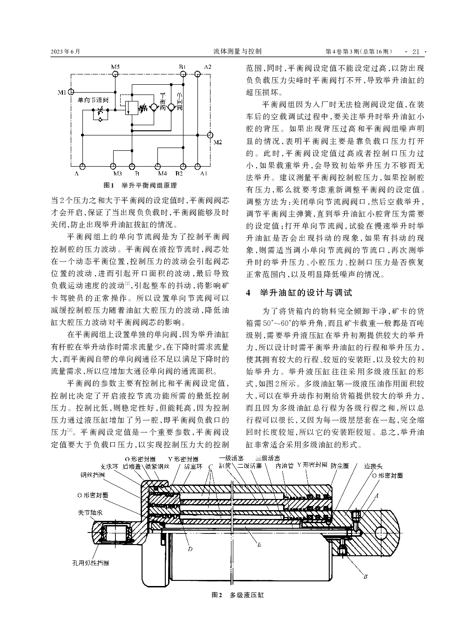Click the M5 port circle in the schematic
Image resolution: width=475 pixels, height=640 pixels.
click(x=115, y=74)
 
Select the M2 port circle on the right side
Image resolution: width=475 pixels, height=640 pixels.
click(x=210, y=135)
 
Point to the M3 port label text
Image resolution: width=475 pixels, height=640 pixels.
click(x=117, y=174)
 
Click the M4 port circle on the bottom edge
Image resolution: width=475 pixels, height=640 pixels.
click(x=158, y=167)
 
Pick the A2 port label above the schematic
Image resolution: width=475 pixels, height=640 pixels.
click(x=208, y=67)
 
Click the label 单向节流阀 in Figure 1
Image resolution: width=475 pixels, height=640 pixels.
click(x=93, y=100)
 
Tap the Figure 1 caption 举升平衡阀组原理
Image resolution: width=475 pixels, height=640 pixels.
click(x=149, y=185)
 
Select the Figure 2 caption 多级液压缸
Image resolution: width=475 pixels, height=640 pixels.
click(x=247, y=595)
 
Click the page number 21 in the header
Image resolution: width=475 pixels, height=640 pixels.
click(x=416, y=52)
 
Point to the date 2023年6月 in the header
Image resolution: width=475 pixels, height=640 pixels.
click(x=66, y=52)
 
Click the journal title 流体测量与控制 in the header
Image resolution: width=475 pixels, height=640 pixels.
click(x=237, y=52)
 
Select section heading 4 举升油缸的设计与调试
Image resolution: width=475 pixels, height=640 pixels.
click(x=299, y=293)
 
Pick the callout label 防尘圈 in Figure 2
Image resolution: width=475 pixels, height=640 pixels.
click(x=340, y=465)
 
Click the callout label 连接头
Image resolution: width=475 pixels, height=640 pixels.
click(x=373, y=466)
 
